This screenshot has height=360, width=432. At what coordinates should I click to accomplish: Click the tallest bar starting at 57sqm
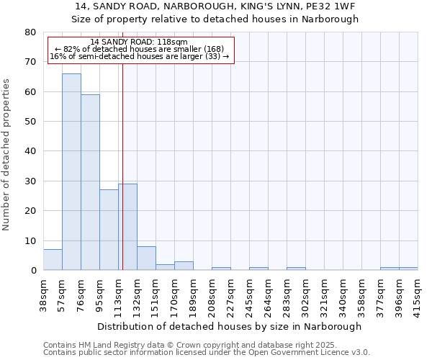coord(71,172)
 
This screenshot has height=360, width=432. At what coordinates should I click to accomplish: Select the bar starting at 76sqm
coord(90,182)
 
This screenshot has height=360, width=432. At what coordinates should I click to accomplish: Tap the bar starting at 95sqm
coord(109,230)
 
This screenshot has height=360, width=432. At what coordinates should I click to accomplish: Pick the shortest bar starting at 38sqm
coord(53,260)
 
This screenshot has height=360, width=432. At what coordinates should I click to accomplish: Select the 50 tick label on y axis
coord(30,122)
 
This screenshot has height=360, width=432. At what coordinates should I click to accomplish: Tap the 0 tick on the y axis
coord(33,271)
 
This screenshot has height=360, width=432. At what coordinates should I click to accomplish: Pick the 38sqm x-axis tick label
coord(43,294)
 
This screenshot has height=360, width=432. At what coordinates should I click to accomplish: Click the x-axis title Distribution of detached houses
coord(229,326)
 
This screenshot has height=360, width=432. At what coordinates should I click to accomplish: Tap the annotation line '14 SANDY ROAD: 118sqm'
coord(139,42)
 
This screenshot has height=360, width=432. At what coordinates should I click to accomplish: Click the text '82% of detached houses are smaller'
coord(140,49)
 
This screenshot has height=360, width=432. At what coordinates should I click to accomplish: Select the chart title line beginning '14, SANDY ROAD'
coord(215,6)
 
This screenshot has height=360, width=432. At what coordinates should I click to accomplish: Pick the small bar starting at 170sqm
coord(184,266)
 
